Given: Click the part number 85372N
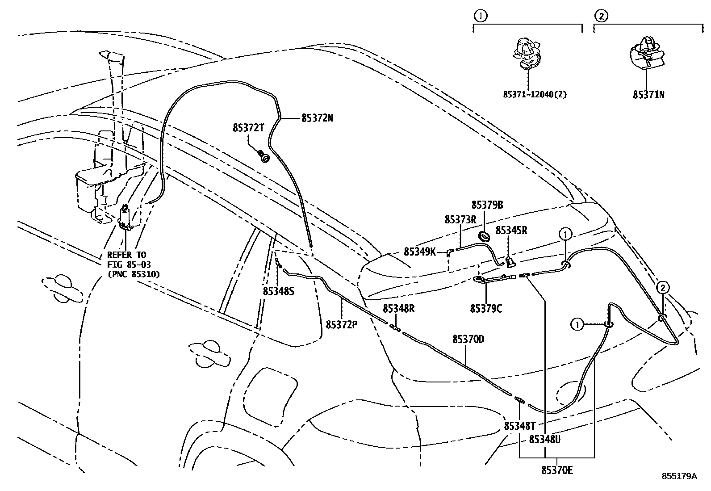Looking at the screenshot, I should (x=317, y=118).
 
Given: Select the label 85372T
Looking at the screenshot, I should (x=248, y=127).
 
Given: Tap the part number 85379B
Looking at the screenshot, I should (x=487, y=205).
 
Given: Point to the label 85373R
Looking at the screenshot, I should (x=460, y=220).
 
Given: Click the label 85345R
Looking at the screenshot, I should (x=511, y=231).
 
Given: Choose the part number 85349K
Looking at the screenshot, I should (x=419, y=252).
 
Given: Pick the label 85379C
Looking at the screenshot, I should (x=486, y=309).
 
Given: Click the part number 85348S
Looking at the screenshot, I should (x=278, y=291).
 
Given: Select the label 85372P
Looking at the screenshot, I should (x=342, y=325).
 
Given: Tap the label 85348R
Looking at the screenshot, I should (x=398, y=309).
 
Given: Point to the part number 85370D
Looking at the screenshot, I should (x=468, y=340).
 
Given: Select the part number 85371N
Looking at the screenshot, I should (x=648, y=95).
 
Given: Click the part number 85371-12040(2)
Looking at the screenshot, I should (x=535, y=95).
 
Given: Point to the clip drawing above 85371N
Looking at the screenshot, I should (x=646, y=53).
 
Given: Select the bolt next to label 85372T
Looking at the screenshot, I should (x=264, y=157).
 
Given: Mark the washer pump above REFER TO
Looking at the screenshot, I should (x=125, y=217).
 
